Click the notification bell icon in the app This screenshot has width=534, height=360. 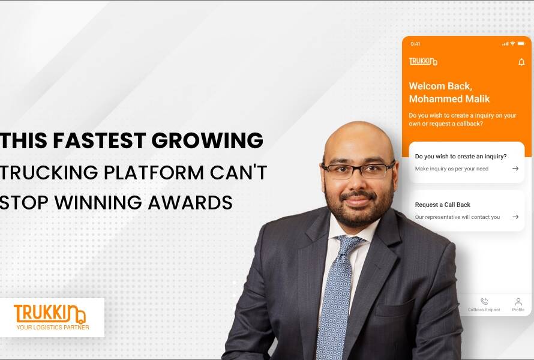coord(521,62)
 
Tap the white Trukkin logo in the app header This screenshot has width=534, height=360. coord(423,61)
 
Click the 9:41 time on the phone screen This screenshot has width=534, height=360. coord(415,44)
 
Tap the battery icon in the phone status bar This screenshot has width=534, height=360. coord(521,44)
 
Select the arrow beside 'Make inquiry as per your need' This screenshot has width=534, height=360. coord(515,169)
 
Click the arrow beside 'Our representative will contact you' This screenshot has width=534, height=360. coord(515,217)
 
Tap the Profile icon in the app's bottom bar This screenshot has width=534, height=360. coord(518,302)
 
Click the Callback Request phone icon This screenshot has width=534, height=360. coord(484,301)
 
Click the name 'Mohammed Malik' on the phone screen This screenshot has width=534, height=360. coord(449,99)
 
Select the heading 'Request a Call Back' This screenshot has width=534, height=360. coord(442,205)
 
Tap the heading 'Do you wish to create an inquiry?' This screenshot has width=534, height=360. coord(461,157)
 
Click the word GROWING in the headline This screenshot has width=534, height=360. coord(208,140)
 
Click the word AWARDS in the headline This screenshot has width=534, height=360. coord(190,202)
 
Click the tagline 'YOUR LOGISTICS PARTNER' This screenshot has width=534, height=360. coord(53,328)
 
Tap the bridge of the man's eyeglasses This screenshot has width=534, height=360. coord(356,167)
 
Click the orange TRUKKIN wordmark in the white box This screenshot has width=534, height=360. coord(50,314)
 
